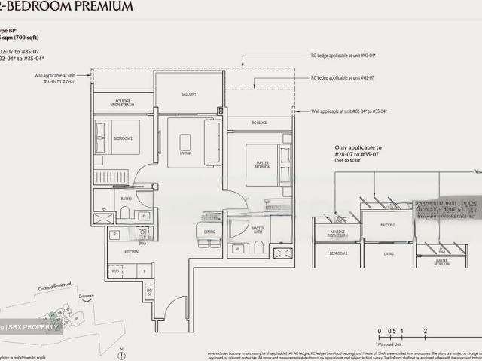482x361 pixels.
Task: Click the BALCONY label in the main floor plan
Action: [x=188, y=94]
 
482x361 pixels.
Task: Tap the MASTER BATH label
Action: [x=258, y=229]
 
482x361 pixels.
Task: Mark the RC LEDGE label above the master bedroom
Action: [x=258, y=123]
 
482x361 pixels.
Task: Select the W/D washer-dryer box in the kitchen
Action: [x=113, y=270]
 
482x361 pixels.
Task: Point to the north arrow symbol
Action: [x=120, y=350]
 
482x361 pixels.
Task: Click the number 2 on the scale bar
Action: [x=426, y=331]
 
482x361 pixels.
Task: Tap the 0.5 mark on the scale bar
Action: [x=391, y=331]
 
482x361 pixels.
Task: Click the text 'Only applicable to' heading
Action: [x=358, y=148]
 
